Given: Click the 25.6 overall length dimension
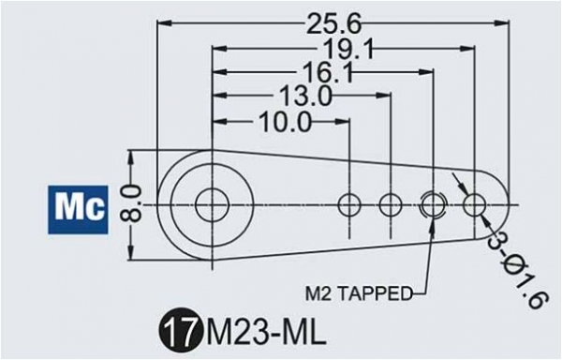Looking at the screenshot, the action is pos(334,24).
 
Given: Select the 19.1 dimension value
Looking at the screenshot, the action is pos(348,49).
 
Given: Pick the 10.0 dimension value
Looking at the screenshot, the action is pos(285,122).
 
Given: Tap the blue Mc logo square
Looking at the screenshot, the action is pos(78,210).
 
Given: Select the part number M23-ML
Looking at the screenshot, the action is pos(265,334).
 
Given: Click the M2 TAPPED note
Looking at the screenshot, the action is pos(360,293).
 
